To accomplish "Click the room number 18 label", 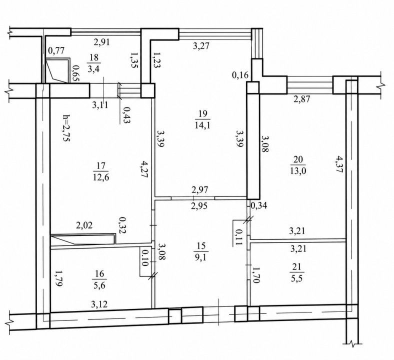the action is tap(93, 57).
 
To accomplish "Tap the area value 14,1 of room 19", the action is tap(202, 125).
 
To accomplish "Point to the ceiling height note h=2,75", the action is tap(66, 128).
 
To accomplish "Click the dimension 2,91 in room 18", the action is tap(102, 42).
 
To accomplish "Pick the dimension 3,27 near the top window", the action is tap(201, 46).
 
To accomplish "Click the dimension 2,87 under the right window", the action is tap(302, 98).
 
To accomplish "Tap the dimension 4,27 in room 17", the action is tap(143, 169).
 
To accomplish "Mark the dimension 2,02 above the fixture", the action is tap(84, 225).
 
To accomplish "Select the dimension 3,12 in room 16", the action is tap(99, 304).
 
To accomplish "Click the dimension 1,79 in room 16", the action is tap(58, 278).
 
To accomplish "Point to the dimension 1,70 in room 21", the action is tap(256, 275).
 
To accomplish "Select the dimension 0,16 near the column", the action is tap(240, 75).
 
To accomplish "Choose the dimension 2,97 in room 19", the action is tap(200, 189).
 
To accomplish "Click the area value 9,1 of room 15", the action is tap(201, 257).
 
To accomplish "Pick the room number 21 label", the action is tap(297, 267).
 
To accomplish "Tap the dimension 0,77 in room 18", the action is tap(56, 50).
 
